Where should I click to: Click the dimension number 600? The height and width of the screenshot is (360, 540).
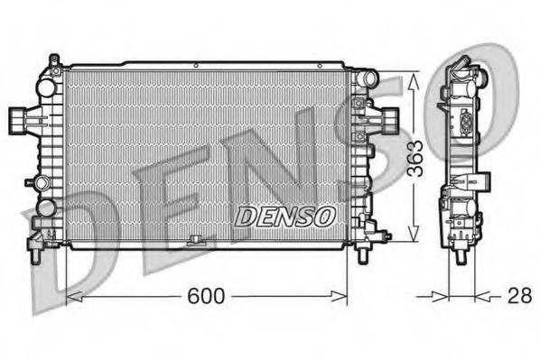[x=207, y=296]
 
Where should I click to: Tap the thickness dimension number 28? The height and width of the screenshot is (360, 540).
[x=518, y=295]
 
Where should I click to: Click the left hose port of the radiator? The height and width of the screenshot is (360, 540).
[x=18, y=118]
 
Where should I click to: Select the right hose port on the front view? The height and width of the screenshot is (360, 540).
[x=388, y=118]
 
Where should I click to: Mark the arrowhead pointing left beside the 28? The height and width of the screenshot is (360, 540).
[x=479, y=295]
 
